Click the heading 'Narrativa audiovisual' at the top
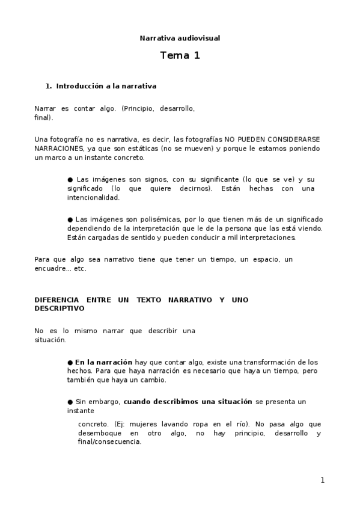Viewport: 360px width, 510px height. pyautogui.click(x=180, y=38)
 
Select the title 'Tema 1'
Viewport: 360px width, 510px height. pyautogui.click(x=180, y=56)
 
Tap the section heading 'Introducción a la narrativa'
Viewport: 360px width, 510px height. pyautogui.click(x=106, y=86)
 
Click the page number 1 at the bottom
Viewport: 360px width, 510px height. pyautogui.click(x=322, y=480)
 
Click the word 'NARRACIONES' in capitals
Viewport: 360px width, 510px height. pyautogui.click(x=58, y=148)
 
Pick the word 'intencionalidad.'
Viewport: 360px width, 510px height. pyautogui.click(x=94, y=197)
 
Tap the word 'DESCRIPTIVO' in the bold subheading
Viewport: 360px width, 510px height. pyautogui.click(x=59, y=309)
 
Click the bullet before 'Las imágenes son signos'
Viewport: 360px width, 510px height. pyautogui.click(x=70, y=179)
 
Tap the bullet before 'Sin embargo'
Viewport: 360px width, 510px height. pyautogui.click(x=70, y=401)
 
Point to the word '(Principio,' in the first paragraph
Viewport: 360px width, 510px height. pyautogui.click(x=138, y=108)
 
